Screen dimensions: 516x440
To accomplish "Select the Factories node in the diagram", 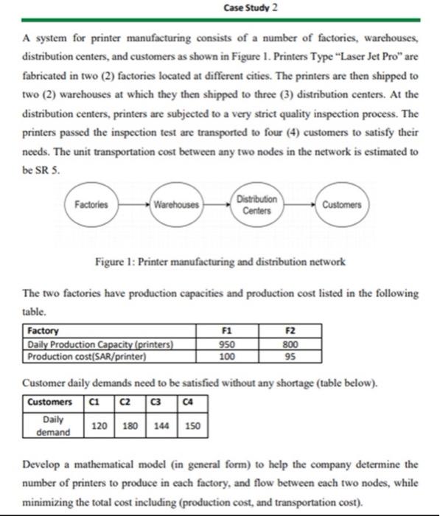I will tap(92, 204).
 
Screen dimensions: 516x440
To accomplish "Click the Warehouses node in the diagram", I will tap(176, 204).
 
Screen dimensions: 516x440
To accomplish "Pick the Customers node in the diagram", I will tap(342, 204).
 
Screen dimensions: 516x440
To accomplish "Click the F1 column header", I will tap(227, 332).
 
